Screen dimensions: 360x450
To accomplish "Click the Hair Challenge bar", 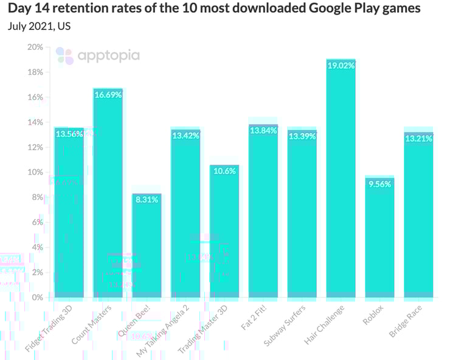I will (341, 182).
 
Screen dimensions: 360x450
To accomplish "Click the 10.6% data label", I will (224, 171).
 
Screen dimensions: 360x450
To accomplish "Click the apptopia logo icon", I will (64, 56).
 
